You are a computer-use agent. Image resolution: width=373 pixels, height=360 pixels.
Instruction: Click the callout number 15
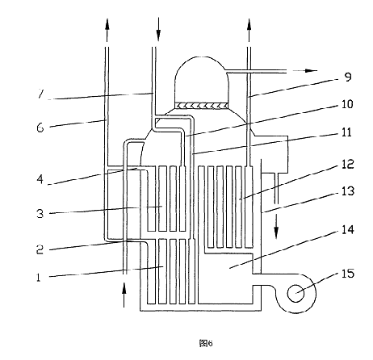348,274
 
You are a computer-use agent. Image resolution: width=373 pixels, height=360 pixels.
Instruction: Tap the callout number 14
348,230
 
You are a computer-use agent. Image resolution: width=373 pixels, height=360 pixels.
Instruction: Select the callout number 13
348,191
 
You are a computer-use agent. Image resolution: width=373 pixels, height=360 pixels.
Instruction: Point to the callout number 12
348,164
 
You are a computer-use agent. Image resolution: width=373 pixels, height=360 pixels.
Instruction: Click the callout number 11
346,132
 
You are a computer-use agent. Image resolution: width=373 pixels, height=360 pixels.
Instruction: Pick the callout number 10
347,104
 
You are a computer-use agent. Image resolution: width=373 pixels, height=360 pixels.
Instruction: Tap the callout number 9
348,77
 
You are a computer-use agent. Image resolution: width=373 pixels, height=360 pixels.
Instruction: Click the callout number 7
40,94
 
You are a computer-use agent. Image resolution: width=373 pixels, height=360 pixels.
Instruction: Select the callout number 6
40,128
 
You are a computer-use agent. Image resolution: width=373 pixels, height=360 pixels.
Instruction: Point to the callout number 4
40,179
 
